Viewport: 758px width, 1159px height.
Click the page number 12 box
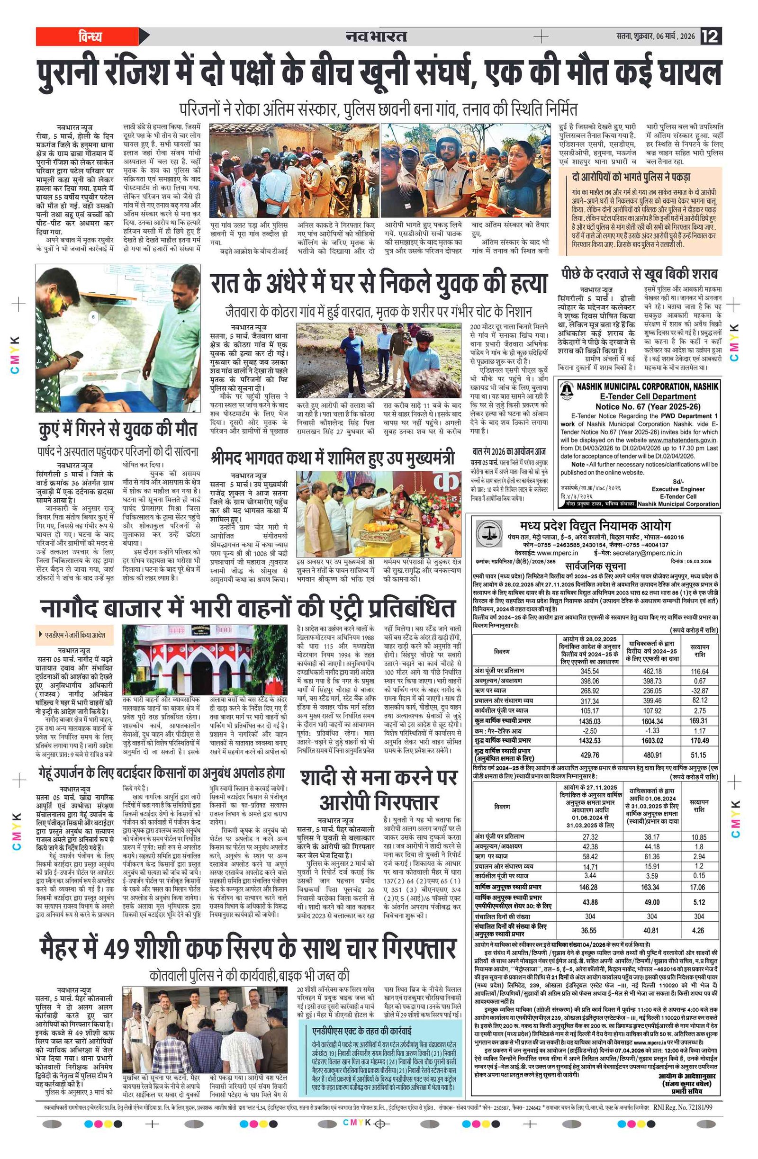[x=711, y=36]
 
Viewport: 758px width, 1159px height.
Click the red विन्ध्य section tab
[x=90, y=36]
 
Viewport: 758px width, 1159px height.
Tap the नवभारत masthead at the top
[x=376, y=36]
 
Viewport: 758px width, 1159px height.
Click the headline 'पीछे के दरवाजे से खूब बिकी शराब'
[x=639, y=274]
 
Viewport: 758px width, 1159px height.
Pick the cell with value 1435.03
[x=589, y=721]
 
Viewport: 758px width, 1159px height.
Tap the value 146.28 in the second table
[x=590, y=887]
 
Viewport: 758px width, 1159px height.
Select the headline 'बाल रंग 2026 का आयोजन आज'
[x=509, y=451]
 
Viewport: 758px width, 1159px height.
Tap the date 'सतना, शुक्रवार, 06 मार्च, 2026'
[x=655, y=36]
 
